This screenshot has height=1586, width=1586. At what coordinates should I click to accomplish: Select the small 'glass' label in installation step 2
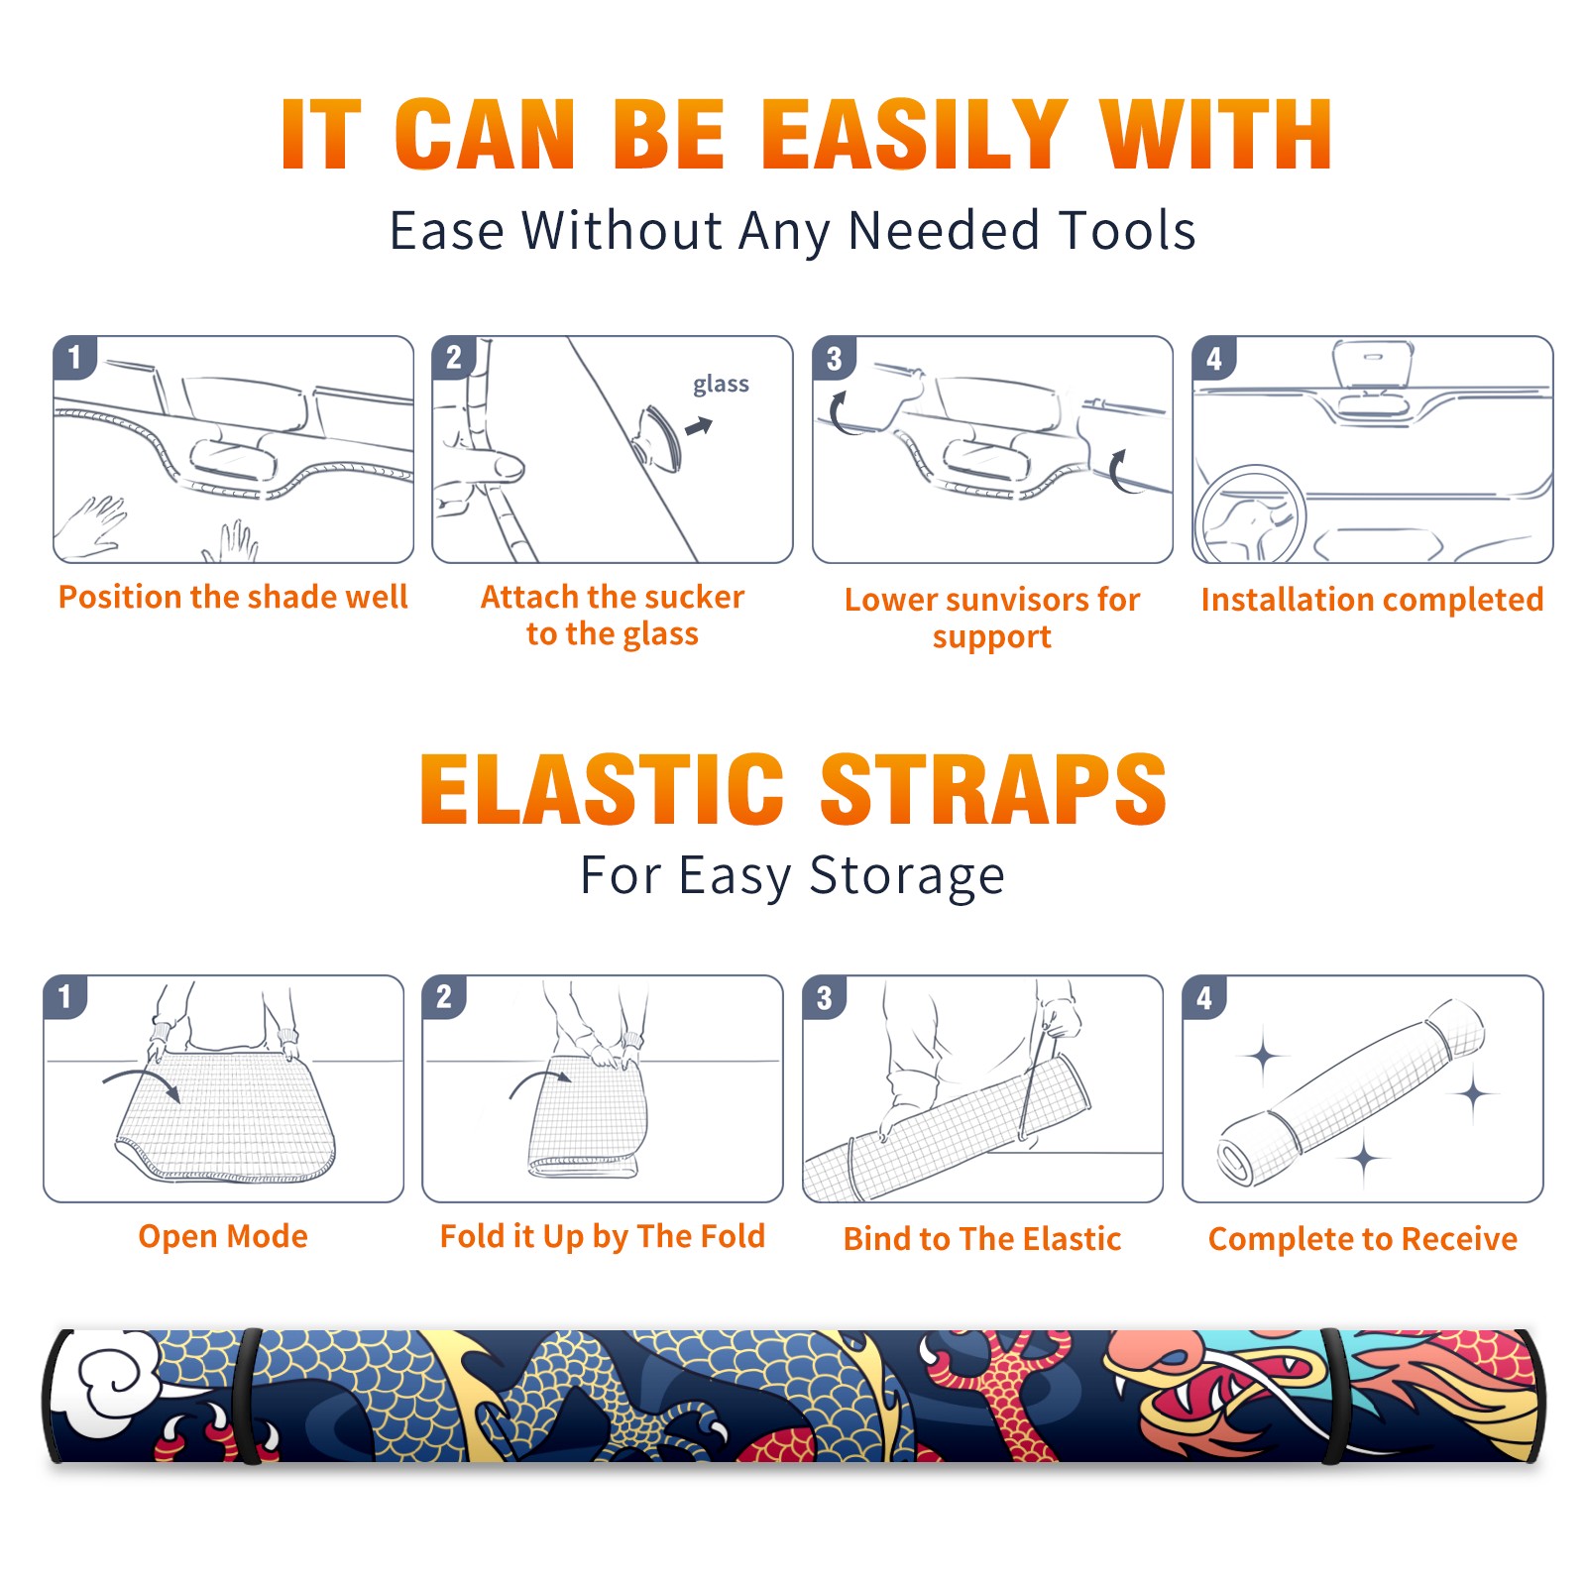pos(721,384)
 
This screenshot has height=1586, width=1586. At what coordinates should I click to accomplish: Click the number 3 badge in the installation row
pos(835,358)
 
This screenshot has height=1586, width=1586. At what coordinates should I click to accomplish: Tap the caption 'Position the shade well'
pos(233,597)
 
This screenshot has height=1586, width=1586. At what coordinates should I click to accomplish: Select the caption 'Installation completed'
pos(1372,599)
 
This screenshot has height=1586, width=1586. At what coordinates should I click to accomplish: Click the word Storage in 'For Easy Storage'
pos(907,876)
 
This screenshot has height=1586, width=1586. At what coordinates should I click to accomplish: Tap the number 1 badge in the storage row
pos(65,996)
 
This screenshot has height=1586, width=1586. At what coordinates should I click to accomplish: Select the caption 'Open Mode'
pos(223,1236)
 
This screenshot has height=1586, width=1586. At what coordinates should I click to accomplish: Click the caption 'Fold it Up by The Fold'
pos(603,1236)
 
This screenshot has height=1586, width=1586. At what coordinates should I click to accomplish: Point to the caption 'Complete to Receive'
pos(1363,1239)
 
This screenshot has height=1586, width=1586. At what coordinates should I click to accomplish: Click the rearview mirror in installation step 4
pos(1372,366)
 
